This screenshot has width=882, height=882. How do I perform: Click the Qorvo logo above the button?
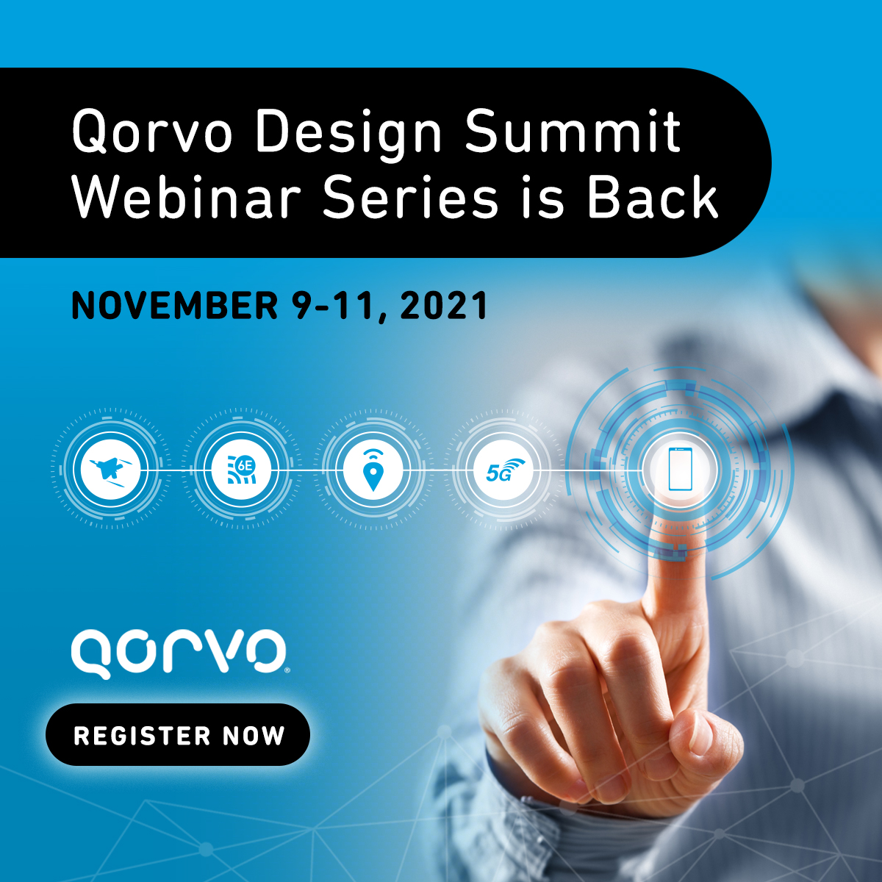point(178,651)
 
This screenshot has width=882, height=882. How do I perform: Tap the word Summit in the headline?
point(573,132)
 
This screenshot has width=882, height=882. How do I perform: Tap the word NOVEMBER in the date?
point(175,306)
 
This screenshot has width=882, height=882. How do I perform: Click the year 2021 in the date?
point(444,306)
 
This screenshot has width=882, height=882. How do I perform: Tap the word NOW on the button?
point(254,736)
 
